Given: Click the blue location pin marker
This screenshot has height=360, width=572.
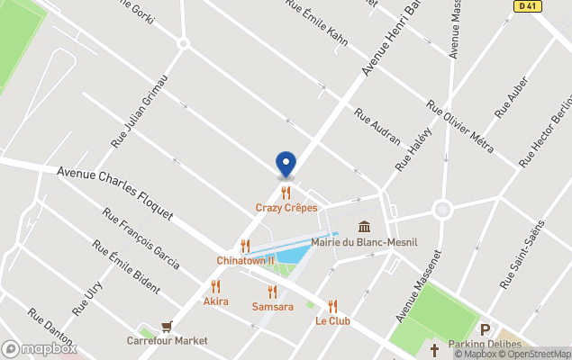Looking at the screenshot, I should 286,164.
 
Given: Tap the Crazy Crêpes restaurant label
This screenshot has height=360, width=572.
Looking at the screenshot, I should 286,208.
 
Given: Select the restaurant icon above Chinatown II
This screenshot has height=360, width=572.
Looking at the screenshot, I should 245,246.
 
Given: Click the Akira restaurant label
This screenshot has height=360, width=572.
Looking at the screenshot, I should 216,301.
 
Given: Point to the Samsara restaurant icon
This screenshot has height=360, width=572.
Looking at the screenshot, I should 272,292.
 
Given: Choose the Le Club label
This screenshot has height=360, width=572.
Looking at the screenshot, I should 332,320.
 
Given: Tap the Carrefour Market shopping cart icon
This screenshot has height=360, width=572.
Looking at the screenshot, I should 167,327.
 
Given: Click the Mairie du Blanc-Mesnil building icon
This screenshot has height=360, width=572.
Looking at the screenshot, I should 364,227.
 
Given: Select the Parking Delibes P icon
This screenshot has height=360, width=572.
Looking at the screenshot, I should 486,330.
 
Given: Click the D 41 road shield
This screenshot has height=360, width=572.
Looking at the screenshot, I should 529,6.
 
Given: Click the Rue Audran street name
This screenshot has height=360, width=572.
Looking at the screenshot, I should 377,128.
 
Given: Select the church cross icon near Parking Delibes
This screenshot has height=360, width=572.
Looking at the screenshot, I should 434,349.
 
